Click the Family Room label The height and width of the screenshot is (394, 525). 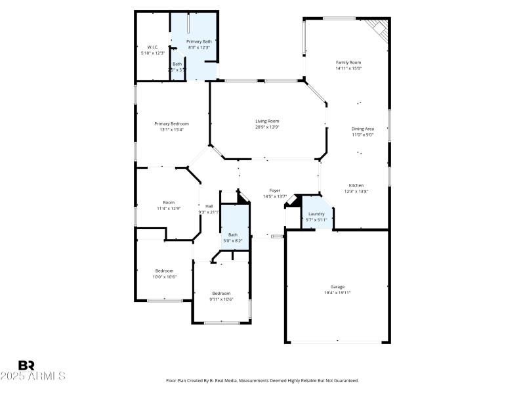click(348, 62)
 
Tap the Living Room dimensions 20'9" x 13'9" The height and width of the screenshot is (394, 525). click(267, 127)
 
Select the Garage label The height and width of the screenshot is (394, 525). click(337, 287)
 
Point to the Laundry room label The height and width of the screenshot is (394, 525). click(316, 214)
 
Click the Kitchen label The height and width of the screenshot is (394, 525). click(356, 185)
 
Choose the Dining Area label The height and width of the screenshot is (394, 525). click(362, 129)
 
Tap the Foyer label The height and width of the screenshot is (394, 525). click(275, 190)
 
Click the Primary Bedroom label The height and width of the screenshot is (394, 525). click(171, 123)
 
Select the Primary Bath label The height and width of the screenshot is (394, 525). click(199, 41)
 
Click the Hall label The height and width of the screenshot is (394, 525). click(209, 206)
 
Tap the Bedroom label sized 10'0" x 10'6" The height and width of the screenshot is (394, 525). click(164, 271)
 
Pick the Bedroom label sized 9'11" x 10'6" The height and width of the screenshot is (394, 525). click(221, 293)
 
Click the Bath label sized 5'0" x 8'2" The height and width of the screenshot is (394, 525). click(233, 234)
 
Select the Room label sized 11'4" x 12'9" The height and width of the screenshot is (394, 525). click(169, 202)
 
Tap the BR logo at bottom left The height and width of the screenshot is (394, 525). click(27, 365)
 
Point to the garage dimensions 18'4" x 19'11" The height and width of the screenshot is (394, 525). click(337, 293)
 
